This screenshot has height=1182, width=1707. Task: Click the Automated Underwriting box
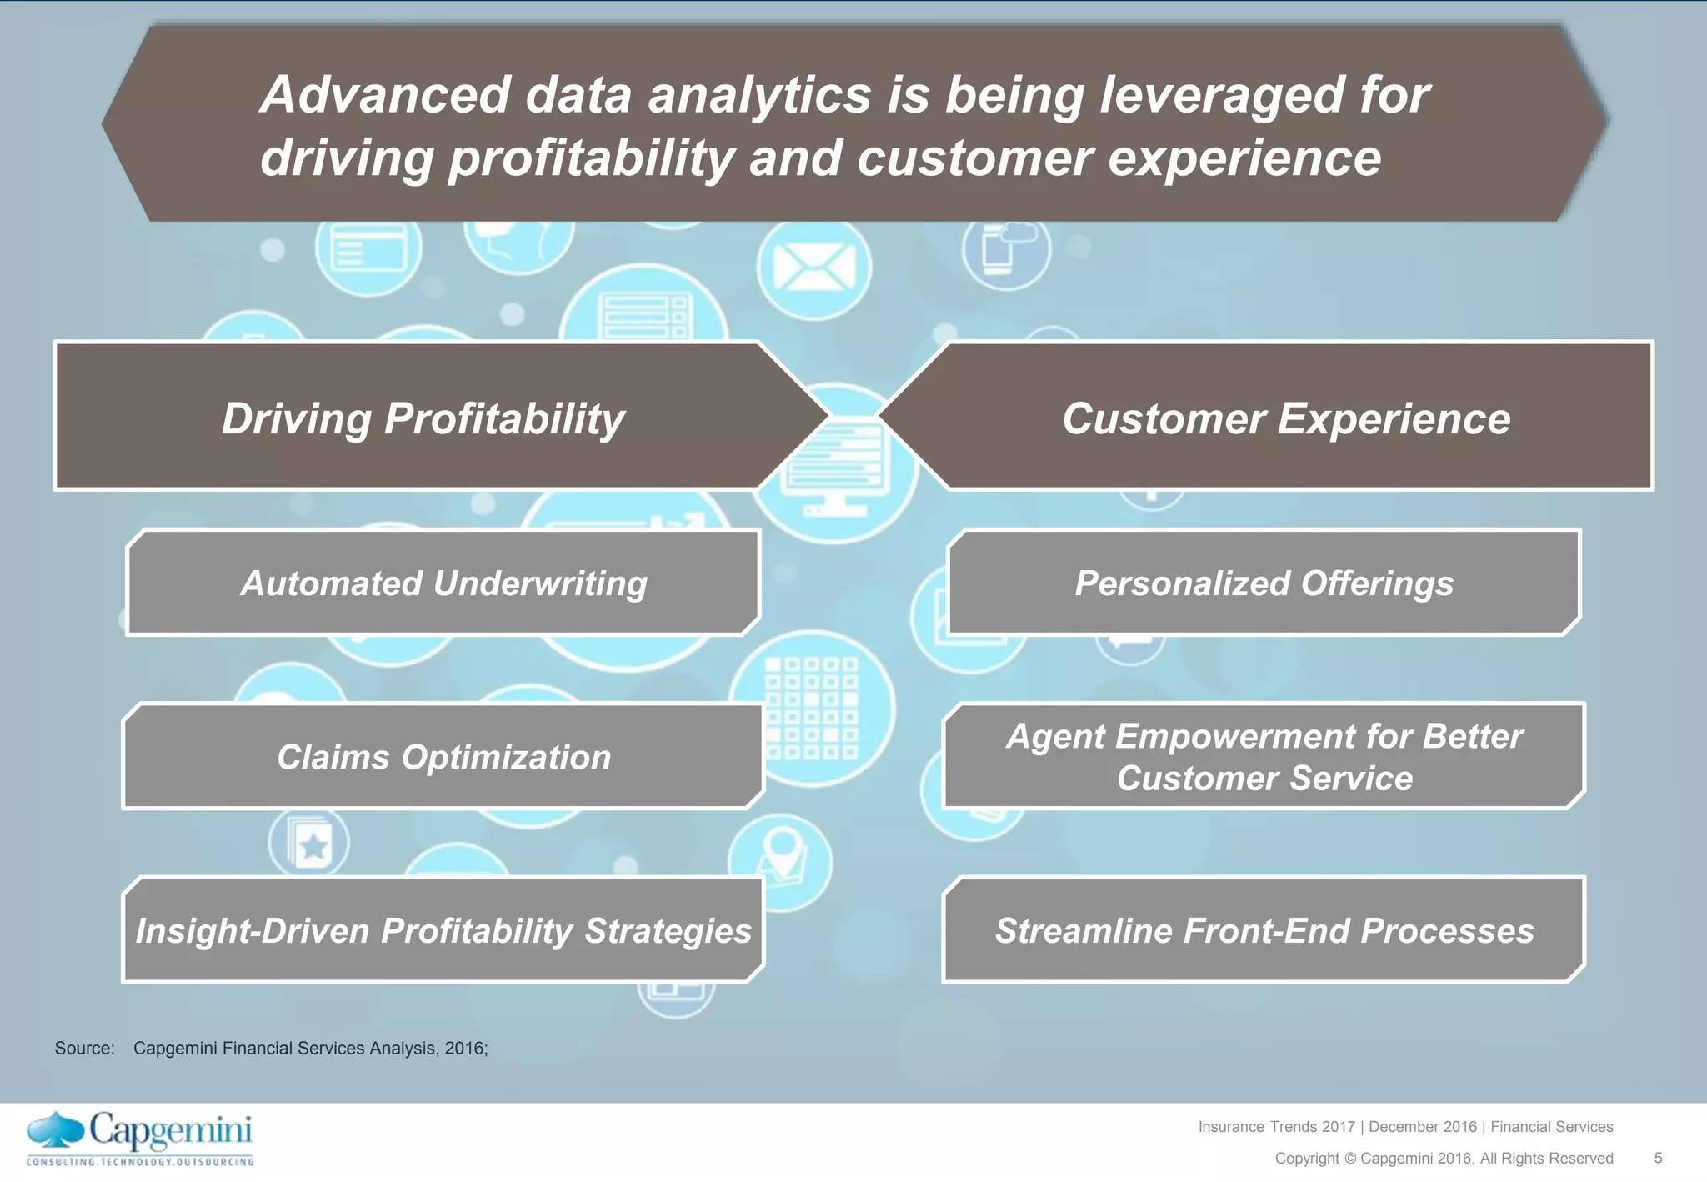443,583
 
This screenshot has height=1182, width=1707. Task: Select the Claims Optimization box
443,757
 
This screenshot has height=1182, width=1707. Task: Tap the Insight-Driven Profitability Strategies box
443,930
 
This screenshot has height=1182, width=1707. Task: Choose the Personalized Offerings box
1264,583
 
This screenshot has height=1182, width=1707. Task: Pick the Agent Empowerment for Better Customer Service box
1264,757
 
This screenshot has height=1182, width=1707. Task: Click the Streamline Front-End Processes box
1264,930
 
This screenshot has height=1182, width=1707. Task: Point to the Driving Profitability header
423,418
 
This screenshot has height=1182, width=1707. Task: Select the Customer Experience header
1285,418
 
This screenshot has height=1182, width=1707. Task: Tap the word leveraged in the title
1220,94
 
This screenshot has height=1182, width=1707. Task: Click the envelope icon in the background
813,268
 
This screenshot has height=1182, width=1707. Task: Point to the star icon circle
309,844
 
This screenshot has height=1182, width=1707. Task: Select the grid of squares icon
812,709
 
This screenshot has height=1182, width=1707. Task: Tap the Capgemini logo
140,1138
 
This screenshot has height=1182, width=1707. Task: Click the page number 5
1658,1158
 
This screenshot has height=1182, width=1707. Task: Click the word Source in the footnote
83,1049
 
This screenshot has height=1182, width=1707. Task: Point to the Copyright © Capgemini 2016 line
1444,1158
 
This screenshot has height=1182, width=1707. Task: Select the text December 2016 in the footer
1422,1127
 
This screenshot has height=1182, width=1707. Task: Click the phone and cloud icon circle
1005,249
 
